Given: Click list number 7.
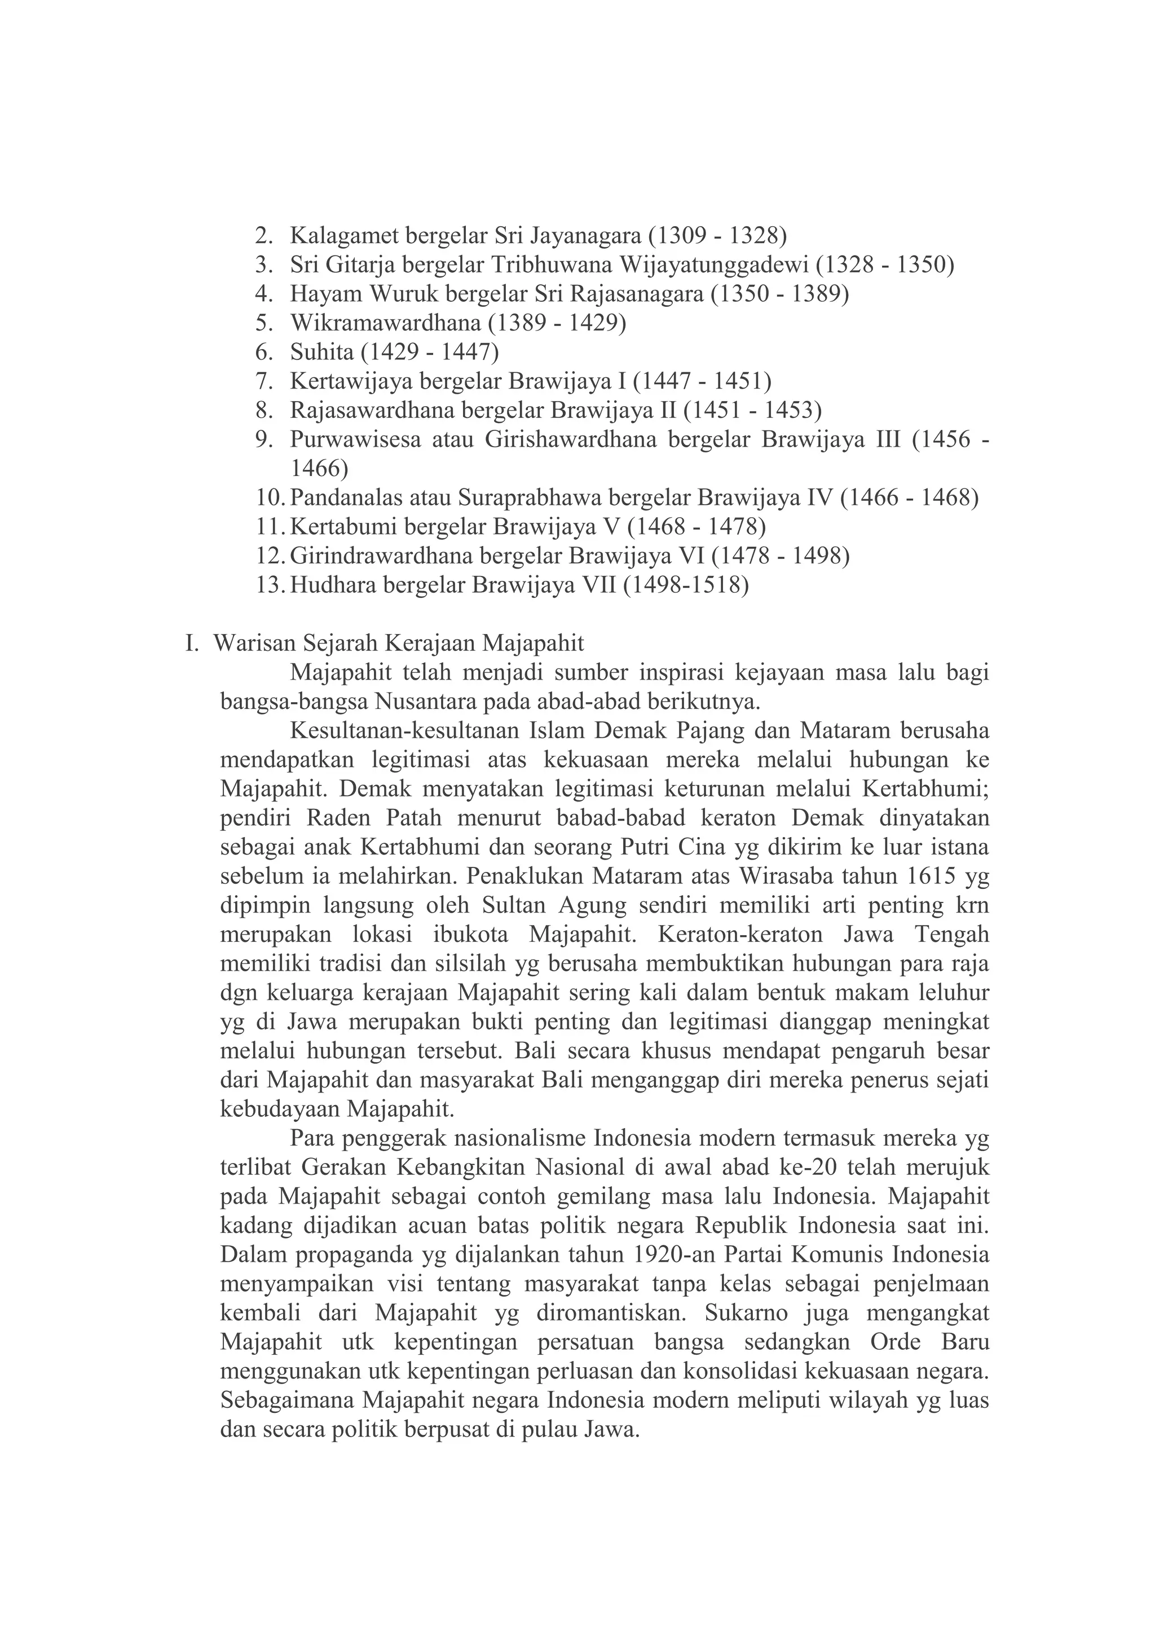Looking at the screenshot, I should pos(264,381).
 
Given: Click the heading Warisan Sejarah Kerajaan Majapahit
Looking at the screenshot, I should pos(399,644).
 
